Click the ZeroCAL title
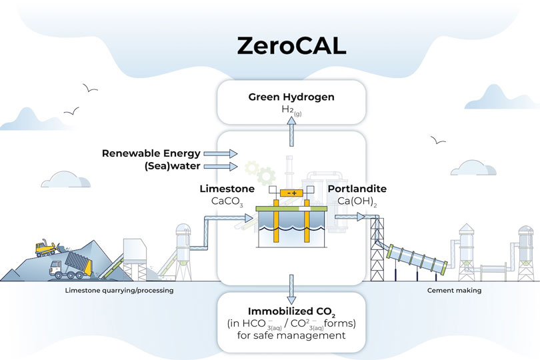[x=291, y=46]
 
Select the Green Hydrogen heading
[x=291, y=97]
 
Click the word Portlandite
[x=357, y=189]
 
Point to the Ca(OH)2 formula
[x=352, y=201]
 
